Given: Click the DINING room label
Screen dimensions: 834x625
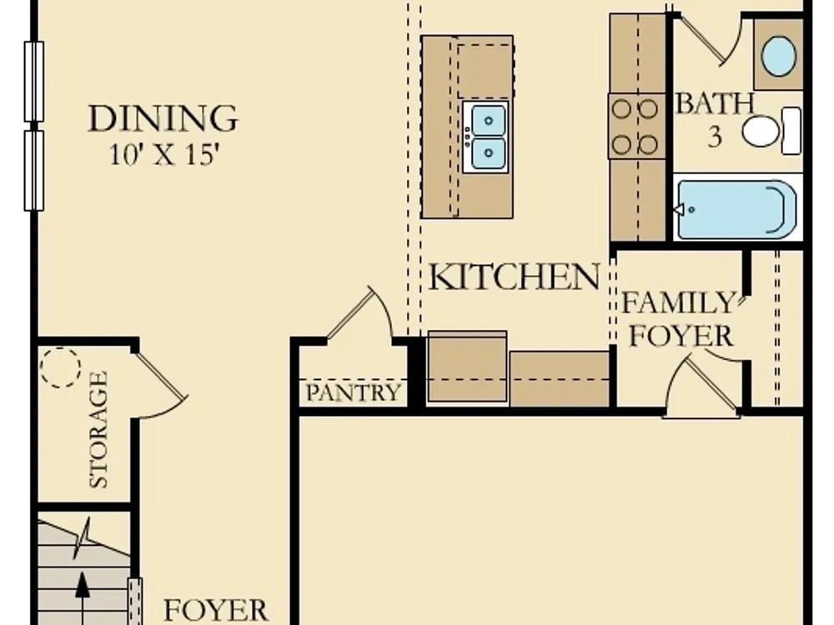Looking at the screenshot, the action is point(163,118).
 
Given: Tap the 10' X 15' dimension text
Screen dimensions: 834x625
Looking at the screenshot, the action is point(164,155).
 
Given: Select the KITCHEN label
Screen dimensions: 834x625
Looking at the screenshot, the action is point(514,277).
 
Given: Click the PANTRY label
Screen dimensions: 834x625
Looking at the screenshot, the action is point(353,392).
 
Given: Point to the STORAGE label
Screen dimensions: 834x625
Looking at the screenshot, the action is point(99,429).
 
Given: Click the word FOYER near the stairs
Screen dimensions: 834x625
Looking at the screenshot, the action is point(215,609).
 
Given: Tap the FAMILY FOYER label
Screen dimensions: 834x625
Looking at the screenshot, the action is point(681,319).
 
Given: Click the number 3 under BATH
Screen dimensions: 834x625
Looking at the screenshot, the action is point(716,137).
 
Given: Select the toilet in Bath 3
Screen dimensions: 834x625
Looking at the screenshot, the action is point(771,131).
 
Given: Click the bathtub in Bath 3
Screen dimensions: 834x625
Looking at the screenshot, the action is point(736,209).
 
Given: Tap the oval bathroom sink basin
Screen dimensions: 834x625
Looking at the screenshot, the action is point(779,56).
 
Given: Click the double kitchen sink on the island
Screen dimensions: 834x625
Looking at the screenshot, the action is point(485,137).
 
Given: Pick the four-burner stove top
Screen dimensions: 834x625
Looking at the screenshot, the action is point(636,126).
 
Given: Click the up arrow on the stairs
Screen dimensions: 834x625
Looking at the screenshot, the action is point(82,597).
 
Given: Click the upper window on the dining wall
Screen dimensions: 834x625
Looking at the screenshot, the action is point(34,82).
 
